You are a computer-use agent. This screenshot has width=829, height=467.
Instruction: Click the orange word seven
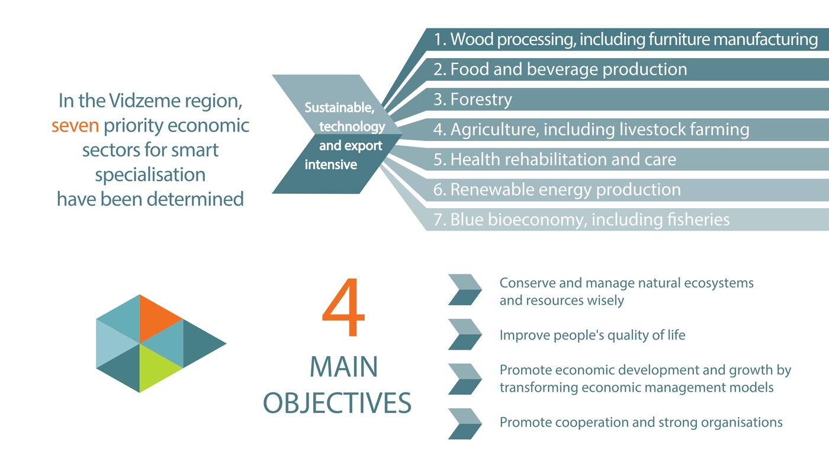pyautogui.click(x=75, y=126)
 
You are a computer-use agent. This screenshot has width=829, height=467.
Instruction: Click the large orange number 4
pyautogui.click(x=344, y=307)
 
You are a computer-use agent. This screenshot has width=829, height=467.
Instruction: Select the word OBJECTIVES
pyautogui.click(x=337, y=403)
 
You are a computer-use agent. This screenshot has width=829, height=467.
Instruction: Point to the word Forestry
pyautogui.click(x=481, y=99)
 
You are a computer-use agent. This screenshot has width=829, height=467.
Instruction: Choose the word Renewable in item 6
pyautogui.click(x=492, y=190)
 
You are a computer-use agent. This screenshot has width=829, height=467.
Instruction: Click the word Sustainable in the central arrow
pyautogui.click(x=339, y=108)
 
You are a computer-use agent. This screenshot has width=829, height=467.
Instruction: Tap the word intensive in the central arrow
pyautogui.click(x=331, y=164)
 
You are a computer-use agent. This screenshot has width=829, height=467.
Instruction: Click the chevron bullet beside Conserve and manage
pyautogui.click(x=465, y=290)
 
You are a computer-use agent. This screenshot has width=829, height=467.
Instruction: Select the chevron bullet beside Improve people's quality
pyautogui.click(x=465, y=334)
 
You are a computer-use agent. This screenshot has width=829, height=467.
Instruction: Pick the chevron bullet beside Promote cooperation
pyautogui.click(x=465, y=424)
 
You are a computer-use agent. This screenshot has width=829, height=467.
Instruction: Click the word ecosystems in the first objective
pyautogui.click(x=719, y=283)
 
